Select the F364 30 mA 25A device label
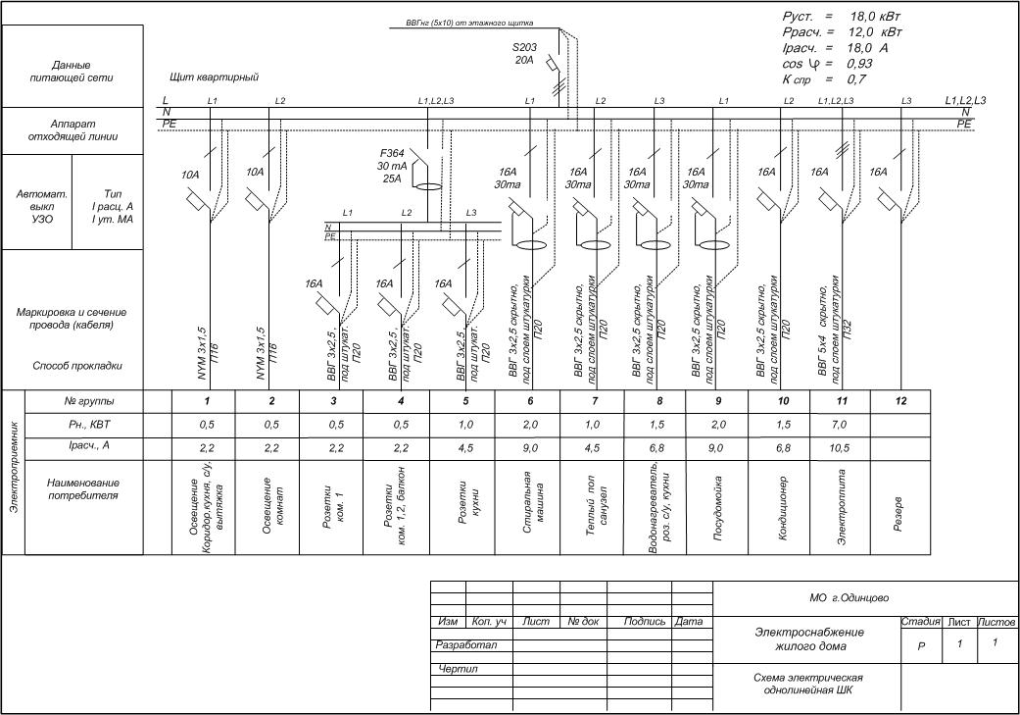[398, 166]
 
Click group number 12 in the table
[899, 401]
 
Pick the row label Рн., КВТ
[83, 425]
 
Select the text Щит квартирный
[214, 77]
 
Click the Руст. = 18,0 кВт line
[841, 18]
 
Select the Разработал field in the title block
[467, 645]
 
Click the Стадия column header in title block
[920, 622]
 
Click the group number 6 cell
[529, 401]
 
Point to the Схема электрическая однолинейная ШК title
[807, 684]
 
